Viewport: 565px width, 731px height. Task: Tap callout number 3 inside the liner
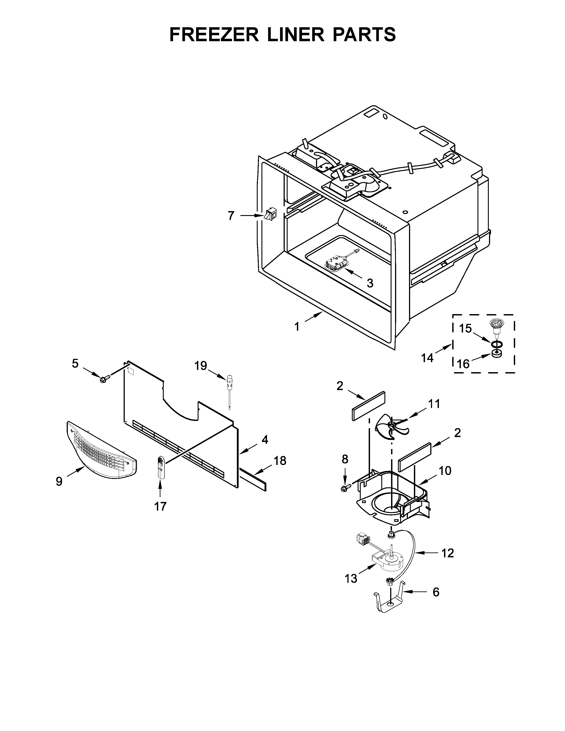click(x=370, y=283)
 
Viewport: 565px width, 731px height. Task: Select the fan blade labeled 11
click(x=391, y=427)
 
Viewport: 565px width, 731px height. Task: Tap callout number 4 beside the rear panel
click(x=265, y=440)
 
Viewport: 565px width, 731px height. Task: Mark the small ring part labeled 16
click(x=497, y=354)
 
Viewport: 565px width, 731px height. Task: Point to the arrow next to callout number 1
click(x=314, y=316)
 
